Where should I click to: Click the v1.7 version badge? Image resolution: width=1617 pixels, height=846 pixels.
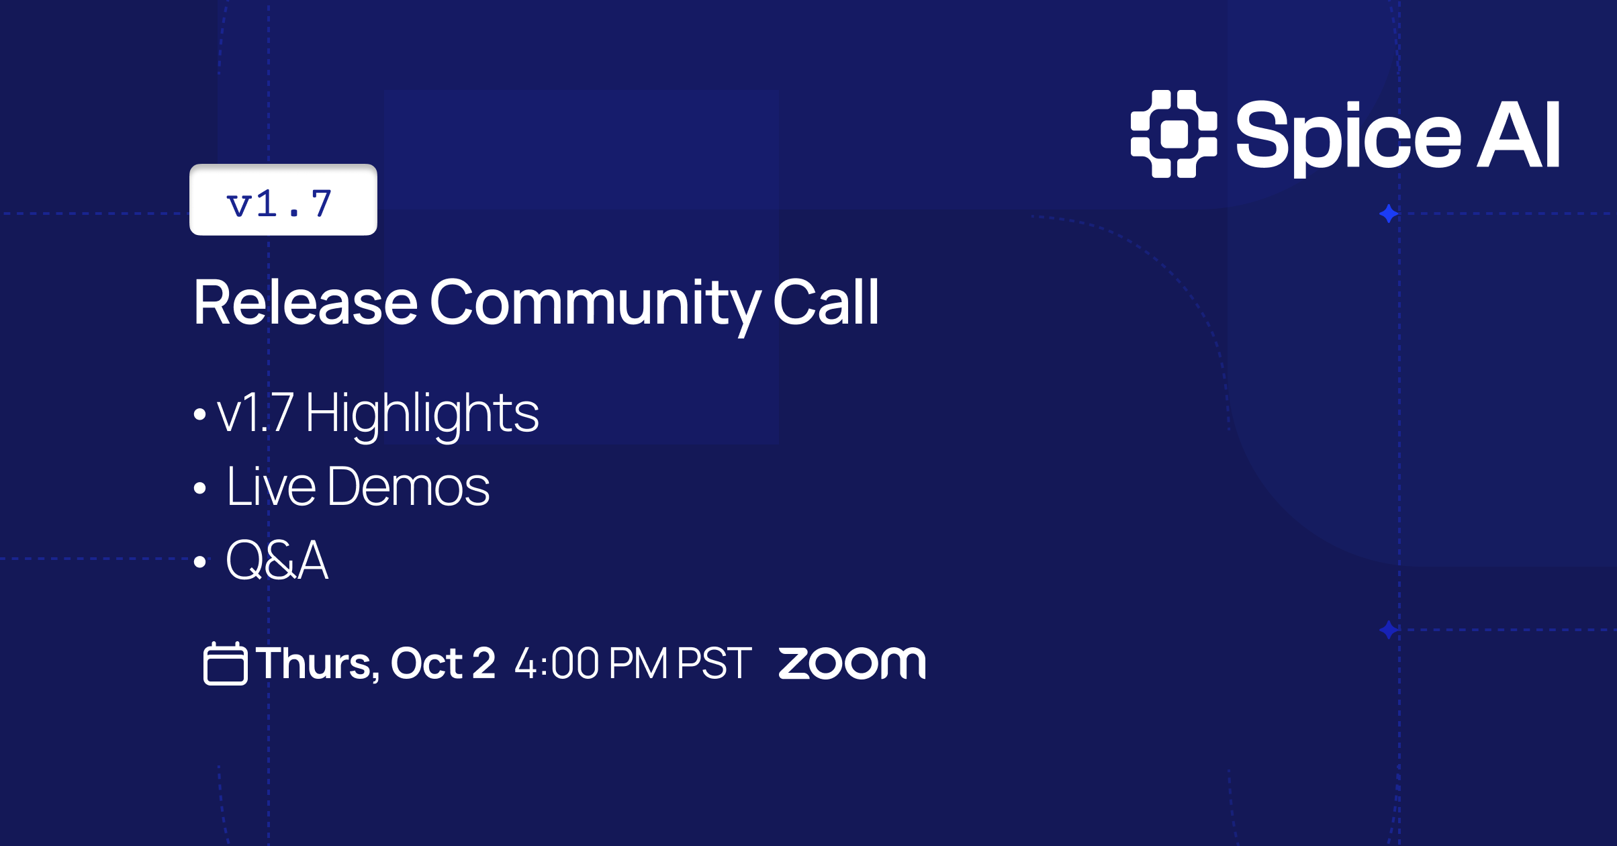[x=283, y=199]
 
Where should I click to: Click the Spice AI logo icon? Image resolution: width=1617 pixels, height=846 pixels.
[x=1174, y=134]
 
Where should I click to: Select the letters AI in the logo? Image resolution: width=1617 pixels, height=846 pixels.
[x=1518, y=134]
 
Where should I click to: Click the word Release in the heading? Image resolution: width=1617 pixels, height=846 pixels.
[x=306, y=303]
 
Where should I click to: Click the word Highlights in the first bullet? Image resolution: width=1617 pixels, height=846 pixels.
[x=422, y=415]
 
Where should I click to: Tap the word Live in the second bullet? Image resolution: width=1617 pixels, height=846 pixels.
[x=271, y=486]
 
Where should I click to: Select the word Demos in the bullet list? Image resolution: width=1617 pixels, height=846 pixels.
[x=409, y=486]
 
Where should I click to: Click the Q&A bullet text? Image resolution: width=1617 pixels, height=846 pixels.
[x=277, y=560]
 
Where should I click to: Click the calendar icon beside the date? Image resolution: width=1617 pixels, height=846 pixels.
[x=225, y=663]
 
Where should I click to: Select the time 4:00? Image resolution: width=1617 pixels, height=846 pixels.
[x=557, y=663]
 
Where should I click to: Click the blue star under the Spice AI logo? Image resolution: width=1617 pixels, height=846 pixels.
[x=1389, y=214]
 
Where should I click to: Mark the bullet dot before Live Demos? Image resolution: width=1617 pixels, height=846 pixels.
[x=199, y=488]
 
